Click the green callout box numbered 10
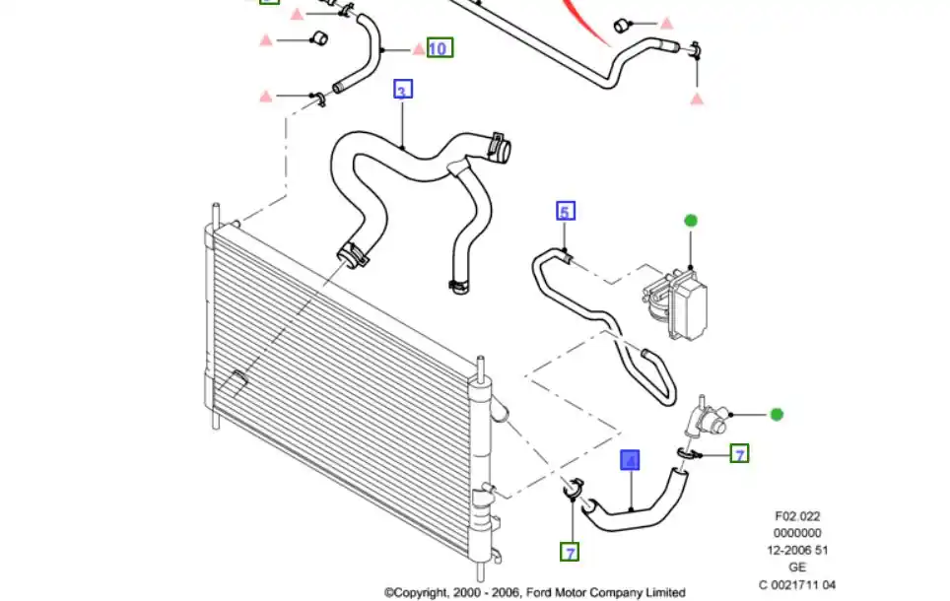click(x=440, y=47)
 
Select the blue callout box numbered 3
click(x=402, y=91)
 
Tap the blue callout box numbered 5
click(x=565, y=211)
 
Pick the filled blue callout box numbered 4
click(x=630, y=460)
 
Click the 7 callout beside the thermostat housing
click(x=739, y=453)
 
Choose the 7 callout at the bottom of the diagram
click(x=570, y=552)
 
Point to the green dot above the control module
click(x=690, y=221)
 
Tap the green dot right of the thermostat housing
click(x=777, y=415)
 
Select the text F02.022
click(x=797, y=515)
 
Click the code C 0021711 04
click(x=797, y=584)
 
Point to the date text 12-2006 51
click(x=797, y=550)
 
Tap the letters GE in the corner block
click(x=797, y=567)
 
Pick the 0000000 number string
click(x=797, y=532)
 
